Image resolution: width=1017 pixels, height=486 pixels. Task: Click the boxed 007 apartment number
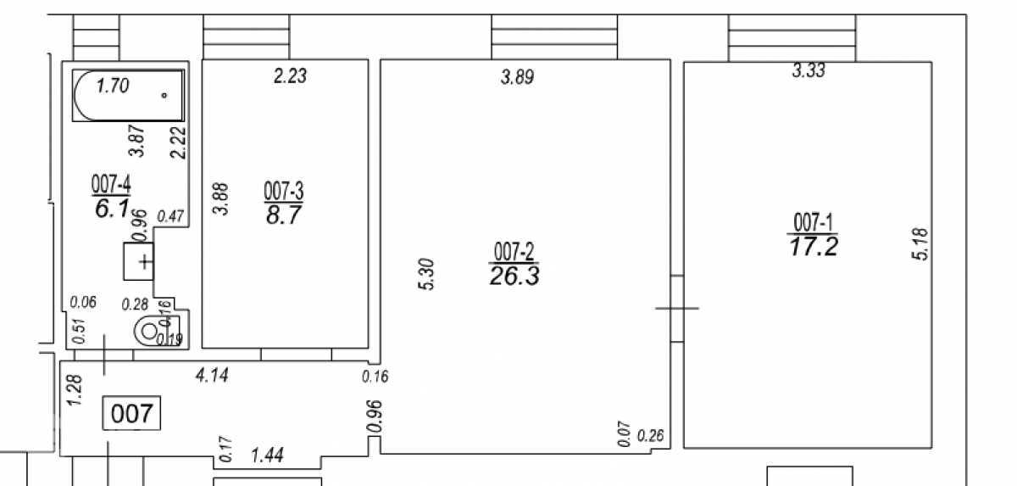(131, 413)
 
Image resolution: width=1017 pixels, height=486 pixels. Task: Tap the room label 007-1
(813, 222)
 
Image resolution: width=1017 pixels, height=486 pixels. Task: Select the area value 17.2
(814, 247)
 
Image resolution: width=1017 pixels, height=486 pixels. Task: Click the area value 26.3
(514, 276)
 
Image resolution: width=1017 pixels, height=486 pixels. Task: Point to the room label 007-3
(284, 191)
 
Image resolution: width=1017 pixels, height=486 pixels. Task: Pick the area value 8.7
(284, 215)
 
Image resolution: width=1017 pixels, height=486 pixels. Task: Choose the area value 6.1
(112, 209)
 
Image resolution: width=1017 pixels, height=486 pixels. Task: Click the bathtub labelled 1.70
(129, 95)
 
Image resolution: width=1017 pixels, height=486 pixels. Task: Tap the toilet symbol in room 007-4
(156, 332)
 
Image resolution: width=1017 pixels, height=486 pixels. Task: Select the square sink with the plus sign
(139, 261)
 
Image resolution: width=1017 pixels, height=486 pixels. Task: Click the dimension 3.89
(518, 77)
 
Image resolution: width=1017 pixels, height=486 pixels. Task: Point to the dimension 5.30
(427, 274)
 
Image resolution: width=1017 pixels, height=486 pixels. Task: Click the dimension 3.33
(809, 71)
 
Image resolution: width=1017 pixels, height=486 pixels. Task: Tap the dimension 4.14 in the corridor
(212, 376)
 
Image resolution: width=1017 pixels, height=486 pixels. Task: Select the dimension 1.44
(268, 455)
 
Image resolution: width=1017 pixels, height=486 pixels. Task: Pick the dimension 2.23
(291, 75)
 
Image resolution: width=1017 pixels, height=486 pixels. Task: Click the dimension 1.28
(74, 389)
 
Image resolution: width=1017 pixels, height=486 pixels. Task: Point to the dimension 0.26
(651, 436)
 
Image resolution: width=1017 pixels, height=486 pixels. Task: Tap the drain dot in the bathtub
(164, 95)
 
